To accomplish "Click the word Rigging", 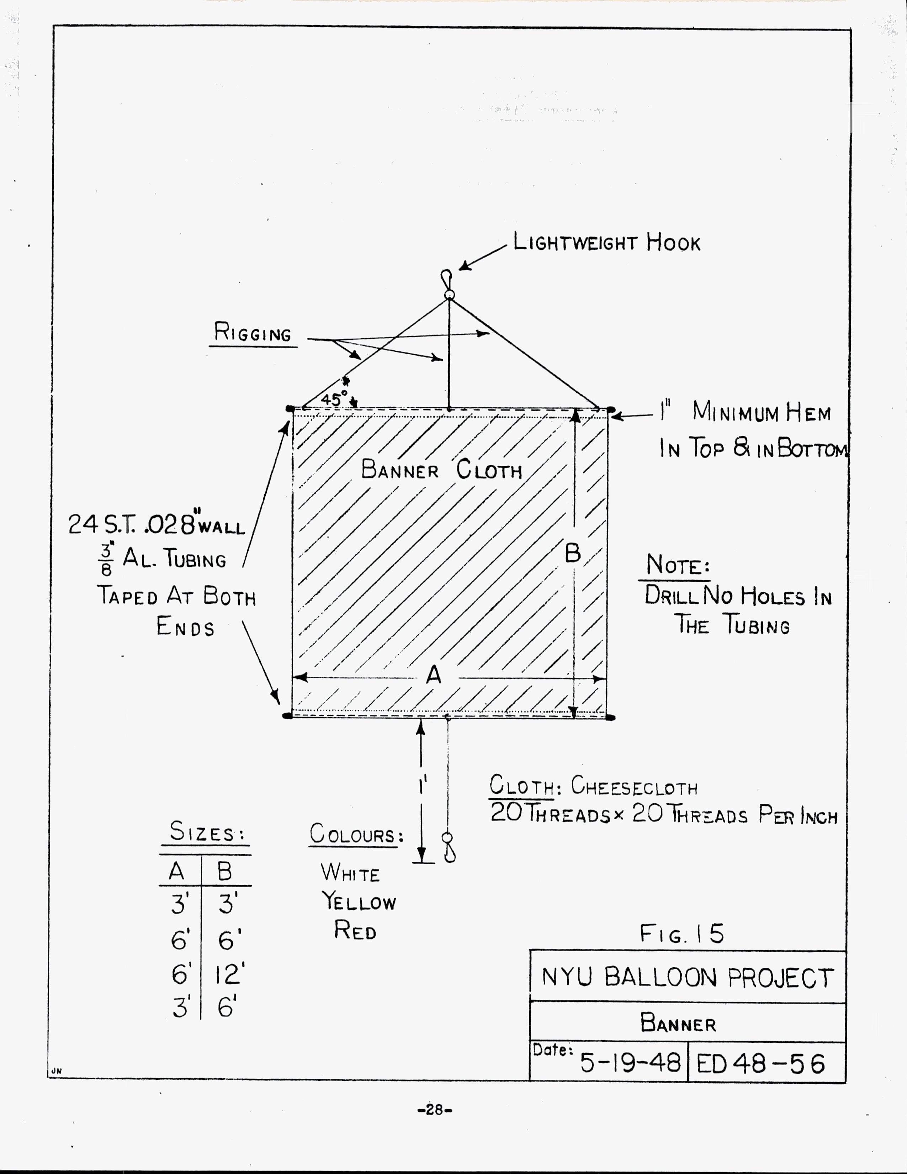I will point(253,333).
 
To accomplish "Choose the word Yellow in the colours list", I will point(359,901).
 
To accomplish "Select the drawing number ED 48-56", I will point(760,1063).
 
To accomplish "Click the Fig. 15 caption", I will point(681,934).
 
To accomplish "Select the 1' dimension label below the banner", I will point(423,787).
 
